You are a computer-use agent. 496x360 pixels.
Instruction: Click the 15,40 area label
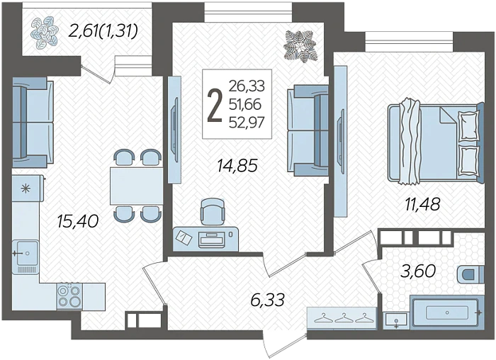[78, 221]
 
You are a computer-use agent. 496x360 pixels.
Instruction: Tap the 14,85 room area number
[237, 166]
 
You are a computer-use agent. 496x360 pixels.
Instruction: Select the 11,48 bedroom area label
[422, 204]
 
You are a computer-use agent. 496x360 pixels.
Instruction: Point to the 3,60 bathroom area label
[418, 271]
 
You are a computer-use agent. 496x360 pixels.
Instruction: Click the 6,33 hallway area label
[268, 300]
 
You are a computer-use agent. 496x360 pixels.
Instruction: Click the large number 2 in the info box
[215, 105]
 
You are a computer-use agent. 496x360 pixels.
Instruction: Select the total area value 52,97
[247, 122]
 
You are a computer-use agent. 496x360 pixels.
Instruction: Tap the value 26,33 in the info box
[247, 86]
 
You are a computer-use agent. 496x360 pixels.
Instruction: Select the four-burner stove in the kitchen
[69, 296]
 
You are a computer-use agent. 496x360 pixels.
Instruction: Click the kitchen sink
[26, 253]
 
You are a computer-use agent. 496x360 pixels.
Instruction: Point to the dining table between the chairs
[137, 186]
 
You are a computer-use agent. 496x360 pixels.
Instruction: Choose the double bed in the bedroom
[436, 142]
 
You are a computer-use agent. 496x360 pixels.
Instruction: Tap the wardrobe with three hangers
[342, 318]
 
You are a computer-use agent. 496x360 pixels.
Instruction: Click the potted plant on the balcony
[45, 33]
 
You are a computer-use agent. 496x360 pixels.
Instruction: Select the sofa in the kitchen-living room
[33, 123]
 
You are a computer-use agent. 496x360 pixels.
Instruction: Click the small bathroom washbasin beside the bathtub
[396, 320]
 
